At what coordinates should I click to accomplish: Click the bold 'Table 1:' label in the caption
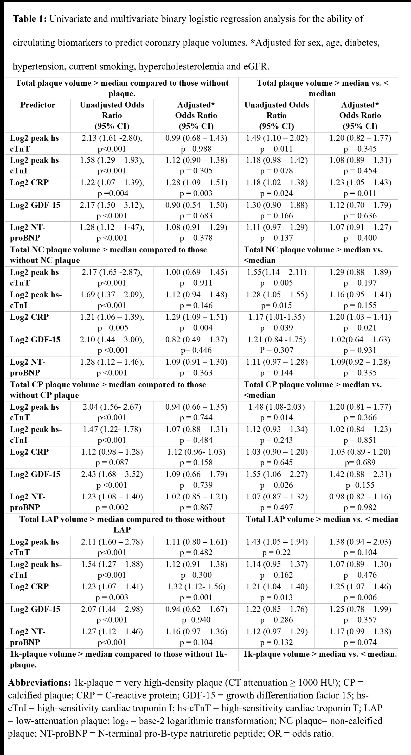[x=29, y=19]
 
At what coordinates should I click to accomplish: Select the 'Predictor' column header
[x=38, y=105]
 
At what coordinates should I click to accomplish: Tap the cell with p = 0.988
[x=196, y=149]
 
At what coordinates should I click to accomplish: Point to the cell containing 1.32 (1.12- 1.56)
[x=196, y=586]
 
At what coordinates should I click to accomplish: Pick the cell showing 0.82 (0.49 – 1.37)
[x=196, y=340]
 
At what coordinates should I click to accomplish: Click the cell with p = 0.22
[x=276, y=552]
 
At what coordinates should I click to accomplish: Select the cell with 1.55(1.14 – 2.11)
[x=276, y=272]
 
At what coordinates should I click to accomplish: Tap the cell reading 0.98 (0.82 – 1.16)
[x=360, y=496]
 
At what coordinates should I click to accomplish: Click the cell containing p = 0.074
[x=360, y=642]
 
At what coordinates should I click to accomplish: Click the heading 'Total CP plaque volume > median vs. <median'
[x=313, y=390]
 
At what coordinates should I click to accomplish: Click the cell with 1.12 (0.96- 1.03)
[x=196, y=452]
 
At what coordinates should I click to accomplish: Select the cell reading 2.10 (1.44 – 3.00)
[x=112, y=340]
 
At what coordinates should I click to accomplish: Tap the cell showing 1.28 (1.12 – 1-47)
[x=112, y=227]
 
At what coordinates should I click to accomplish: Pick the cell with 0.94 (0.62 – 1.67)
[x=196, y=609]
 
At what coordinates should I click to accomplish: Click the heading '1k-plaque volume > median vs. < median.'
[x=320, y=654]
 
